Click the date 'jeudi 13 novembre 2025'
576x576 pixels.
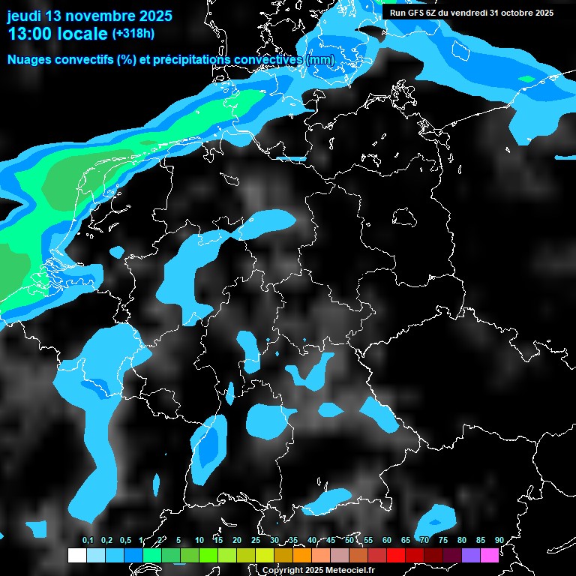[89, 16]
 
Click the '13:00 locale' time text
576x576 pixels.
[57, 34]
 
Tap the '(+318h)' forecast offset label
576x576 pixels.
[133, 34]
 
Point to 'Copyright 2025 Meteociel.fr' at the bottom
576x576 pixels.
[318, 571]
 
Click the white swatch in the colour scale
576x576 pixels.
[76, 555]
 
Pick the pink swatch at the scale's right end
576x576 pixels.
[490, 555]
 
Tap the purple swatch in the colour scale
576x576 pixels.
[471, 555]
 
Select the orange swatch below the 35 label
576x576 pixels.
[302, 555]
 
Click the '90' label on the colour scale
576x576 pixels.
[499, 540]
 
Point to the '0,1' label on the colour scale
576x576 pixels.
[88, 540]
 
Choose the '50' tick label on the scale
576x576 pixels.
[349, 540]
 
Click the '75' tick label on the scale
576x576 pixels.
[443, 540]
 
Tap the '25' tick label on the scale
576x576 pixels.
[256, 540]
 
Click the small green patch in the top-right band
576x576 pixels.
[527, 79]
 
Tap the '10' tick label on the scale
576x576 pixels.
[199, 540]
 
